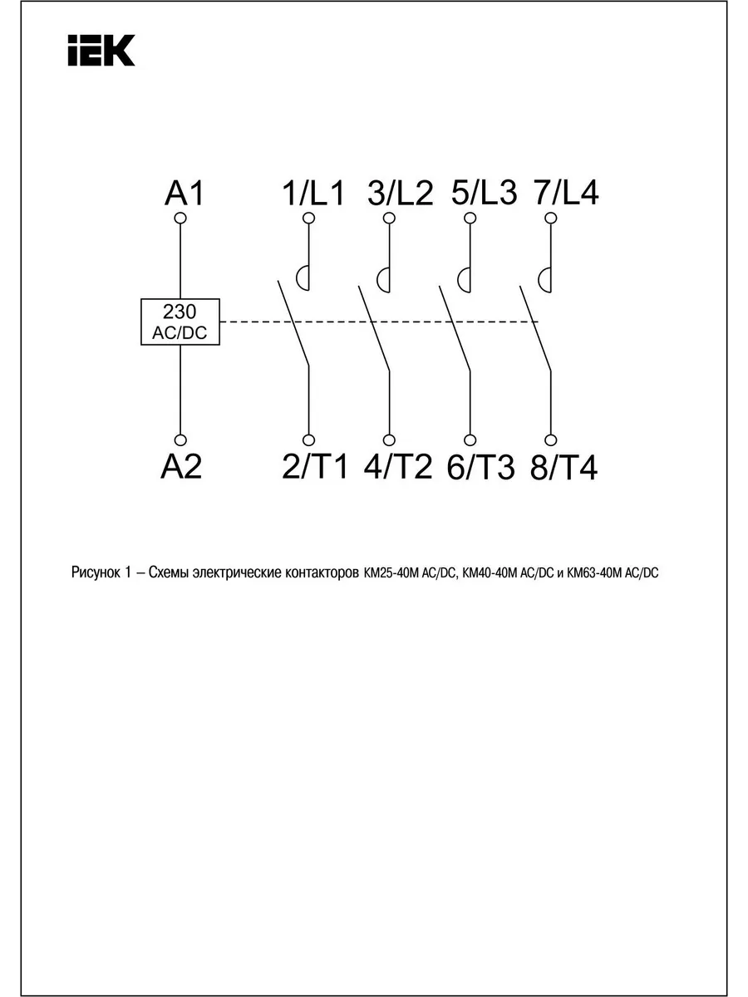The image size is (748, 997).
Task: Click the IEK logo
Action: click(x=101, y=51)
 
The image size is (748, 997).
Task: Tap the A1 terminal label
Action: click(x=184, y=193)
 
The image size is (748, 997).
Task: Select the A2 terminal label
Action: click(x=181, y=467)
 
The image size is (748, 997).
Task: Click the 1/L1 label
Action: click(x=313, y=193)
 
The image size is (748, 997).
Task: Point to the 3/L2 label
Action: click(x=400, y=193)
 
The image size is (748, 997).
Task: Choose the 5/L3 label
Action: click(x=485, y=193)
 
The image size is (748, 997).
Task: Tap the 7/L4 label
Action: click(x=566, y=193)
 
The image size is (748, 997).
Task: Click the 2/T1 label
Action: click(x=314, y=467)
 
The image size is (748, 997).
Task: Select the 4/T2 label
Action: click(x=398, y=467)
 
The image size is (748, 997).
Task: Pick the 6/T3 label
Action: click(x=481, y=468)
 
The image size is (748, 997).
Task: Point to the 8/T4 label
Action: click(x=563, y=468)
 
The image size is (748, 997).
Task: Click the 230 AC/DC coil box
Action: click(x=180, y=322)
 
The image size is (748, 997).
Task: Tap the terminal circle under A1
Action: click(x=180, y=219)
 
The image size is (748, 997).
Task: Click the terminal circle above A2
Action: click(x=180, y=440)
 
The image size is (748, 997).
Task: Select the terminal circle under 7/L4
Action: click(x=551, y=219)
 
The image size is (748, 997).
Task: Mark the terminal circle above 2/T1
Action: click(x=309, y=440)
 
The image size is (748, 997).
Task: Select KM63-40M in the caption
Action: click(x=594, y=573)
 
